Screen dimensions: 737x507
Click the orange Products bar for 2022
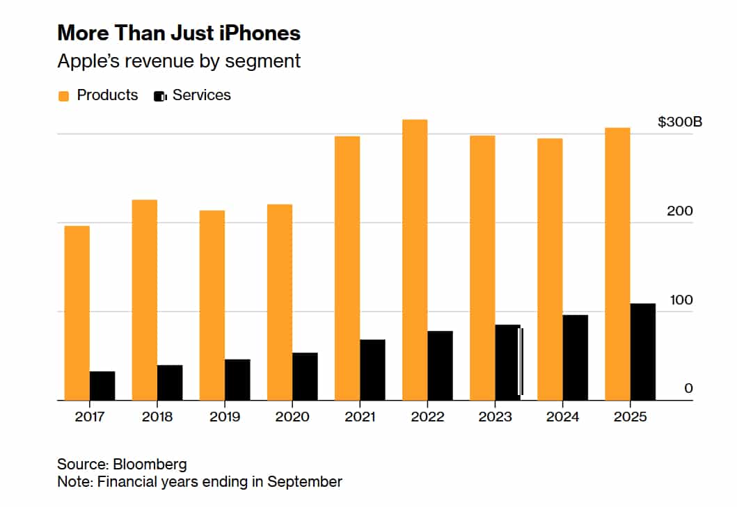(415, 260)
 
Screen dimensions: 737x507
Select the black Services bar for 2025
(643, 352)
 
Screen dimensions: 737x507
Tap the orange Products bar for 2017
(77, 313)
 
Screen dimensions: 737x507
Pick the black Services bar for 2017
(102, 386)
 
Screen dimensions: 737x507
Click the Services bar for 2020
(305, 376)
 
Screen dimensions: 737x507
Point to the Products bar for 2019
(212, 305)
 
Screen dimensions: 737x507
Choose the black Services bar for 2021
(373, 370)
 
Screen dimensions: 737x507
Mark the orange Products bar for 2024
(550, 269)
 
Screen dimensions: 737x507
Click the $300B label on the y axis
(680, 122)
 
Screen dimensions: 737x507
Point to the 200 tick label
(680, 211)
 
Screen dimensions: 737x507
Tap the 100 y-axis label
(681, 300)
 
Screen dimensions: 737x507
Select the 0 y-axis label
(688, 388)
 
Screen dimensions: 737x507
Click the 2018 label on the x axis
(157, 417)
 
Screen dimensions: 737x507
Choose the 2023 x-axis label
(495, 417)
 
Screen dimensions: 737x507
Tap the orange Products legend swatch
(63, 97)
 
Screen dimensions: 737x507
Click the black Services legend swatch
(160, 97)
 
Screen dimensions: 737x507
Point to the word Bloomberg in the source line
(150, 465)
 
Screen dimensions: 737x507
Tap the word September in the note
(305, 482)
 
